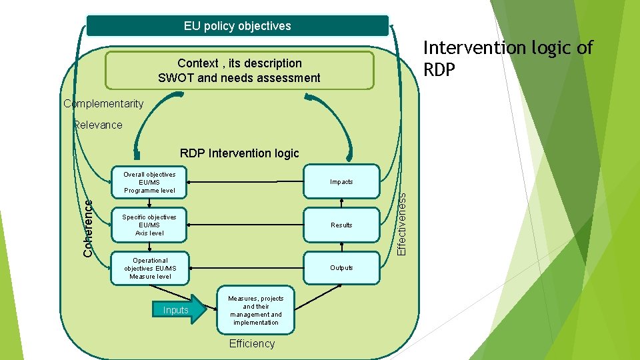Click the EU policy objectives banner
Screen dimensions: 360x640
[x=237, y=26]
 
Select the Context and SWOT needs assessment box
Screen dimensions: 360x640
[x=239, y=71]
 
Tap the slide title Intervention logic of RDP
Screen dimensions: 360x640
[x=507, y=58]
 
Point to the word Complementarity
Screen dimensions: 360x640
[x=103, y=103]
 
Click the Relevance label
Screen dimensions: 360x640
[x=99, y=125]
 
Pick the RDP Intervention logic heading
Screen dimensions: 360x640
[x=239, y=153]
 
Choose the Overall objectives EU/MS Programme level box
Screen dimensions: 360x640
[x=149, y=182]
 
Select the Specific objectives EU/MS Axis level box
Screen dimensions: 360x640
[x=149, y=225]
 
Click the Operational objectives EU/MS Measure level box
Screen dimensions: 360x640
[x=150, y=268]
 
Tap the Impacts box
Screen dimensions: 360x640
[x=341, y=182]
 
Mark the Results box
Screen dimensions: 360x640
[x=341, y=225]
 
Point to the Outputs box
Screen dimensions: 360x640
[x=341, y=268]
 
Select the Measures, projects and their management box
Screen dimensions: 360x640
[x=255, y=311]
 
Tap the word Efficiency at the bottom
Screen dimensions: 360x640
[x=251, y=344]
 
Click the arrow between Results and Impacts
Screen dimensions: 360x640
[x=341, y=203]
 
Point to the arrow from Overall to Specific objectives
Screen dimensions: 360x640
[x=149, y=203]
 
